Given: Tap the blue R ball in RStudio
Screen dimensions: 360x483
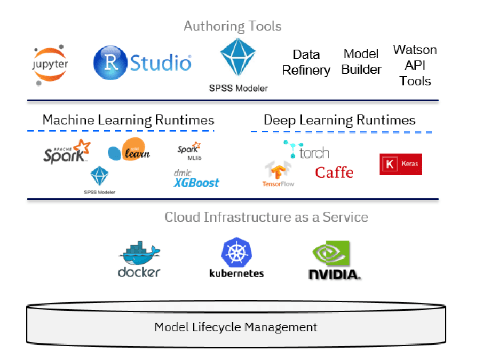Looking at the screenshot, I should pyautogui.click(x=111, y=62).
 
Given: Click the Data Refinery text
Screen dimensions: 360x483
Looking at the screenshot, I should pyautogui.click(x=306, y=62).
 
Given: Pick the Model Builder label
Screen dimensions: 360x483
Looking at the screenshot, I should pyautogui.click(x=361, y=62).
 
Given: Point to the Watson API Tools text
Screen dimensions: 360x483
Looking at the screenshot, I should pyautogui.click(x=415, y=65).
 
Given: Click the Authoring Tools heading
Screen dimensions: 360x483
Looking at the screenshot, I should pyautogui.click(x=232, y=26).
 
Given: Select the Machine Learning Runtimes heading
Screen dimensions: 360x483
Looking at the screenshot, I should pyautogui.click(x=128, y=120).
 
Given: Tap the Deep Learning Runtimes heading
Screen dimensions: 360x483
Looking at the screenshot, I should pyautogui.click(x=339, y=120).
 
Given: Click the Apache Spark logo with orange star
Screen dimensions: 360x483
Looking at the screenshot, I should pyautogui.click(x=67, y=151).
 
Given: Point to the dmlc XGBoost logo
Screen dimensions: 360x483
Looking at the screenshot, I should pyautogui.click(x=196, y=179).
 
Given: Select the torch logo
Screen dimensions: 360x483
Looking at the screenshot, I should pyautogui.click(x=306, y=151).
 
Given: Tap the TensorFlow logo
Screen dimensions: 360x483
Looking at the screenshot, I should pyautogui.click(x=278, y=174).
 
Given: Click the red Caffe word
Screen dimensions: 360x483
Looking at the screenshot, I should pyautogui.click(x=334, y=173).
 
